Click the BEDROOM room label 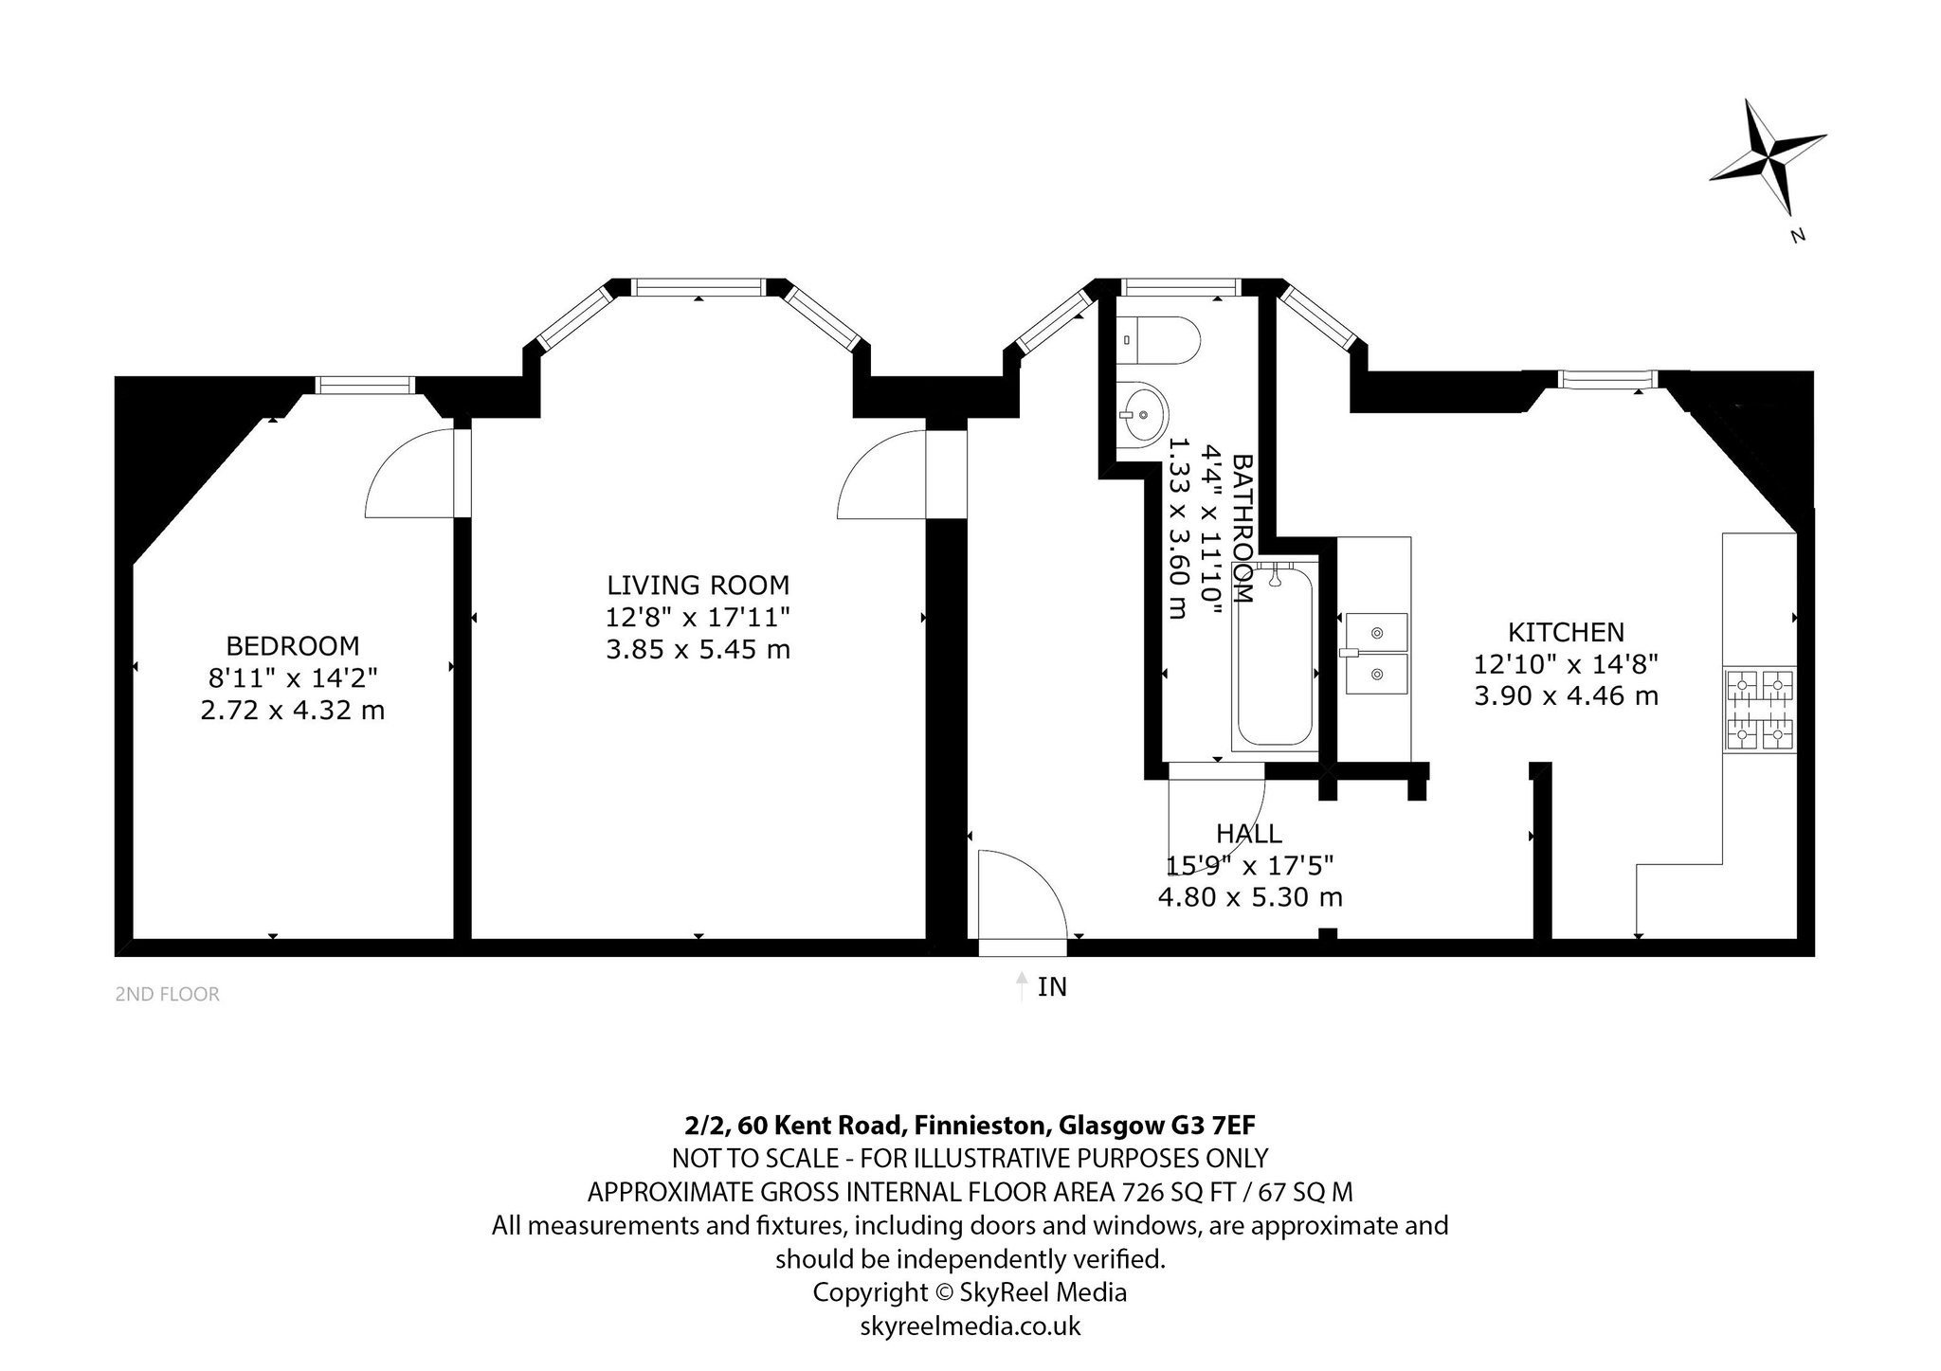[293, 646]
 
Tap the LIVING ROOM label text [698, 585]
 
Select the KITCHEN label [1566, 632]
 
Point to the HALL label [1249, 834]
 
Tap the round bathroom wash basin [1142, 413]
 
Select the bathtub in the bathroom [1275, 656]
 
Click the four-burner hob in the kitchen [1761, 711]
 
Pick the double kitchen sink [1374, 653]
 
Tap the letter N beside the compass [1797, 236]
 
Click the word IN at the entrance [1052, 987]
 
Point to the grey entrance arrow [1021, 986]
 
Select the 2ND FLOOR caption [167, 994]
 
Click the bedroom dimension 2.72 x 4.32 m [293, 710]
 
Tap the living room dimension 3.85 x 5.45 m [698, 650]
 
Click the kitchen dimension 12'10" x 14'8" [1566, 664]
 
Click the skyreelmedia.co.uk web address [970, 1326]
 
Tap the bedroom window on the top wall [365, 384]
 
